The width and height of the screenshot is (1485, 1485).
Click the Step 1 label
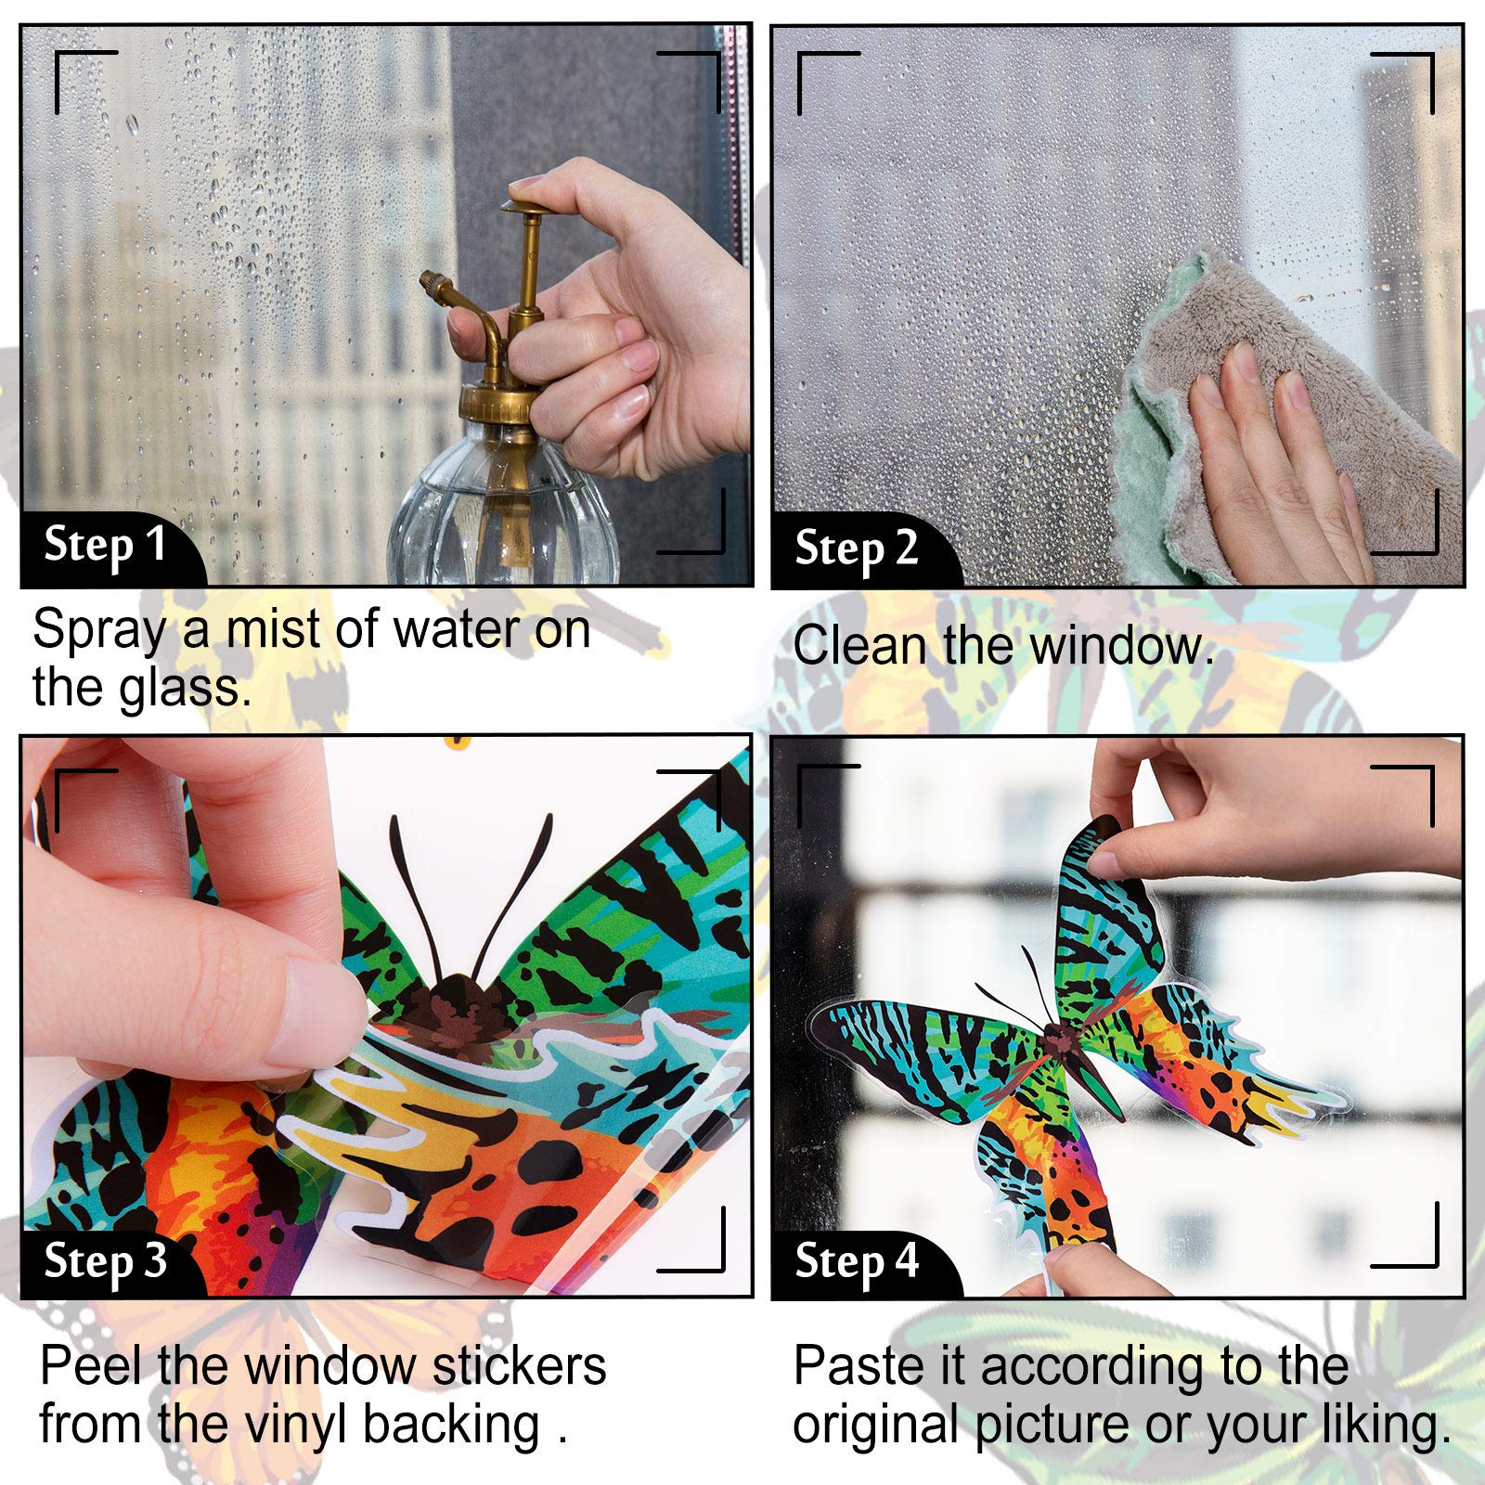tap(105, 545)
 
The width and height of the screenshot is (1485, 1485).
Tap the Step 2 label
tap(856, 549)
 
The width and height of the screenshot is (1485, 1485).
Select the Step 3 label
tap(105, 1260)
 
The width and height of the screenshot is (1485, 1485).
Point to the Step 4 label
tap(856, 1261)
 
